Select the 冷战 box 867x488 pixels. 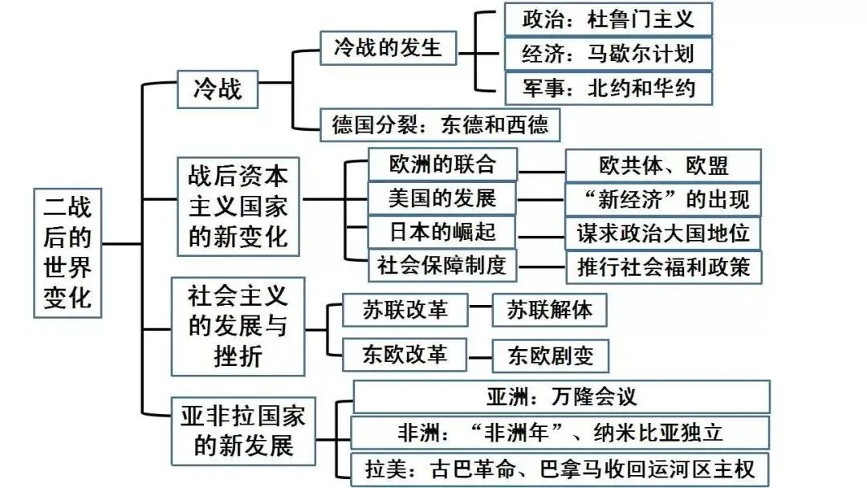pyautogui.click(x=217, y=87)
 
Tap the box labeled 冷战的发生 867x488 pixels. pyautogui.click(x=388, y=48)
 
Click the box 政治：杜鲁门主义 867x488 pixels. pyautogui.click(x=608, y=18)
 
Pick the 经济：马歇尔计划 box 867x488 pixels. pyautogui.click(x=608, y=54)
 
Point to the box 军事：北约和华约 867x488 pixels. pyautogui.click(x=608, y=88)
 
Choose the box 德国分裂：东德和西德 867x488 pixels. pyautogui.click(x=439, y=124)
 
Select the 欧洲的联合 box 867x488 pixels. pyautogui.click(x=442, y=165)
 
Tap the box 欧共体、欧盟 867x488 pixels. pyautogui.click(x=663, y=166)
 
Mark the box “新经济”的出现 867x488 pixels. pyautogui.click(x=663, y=200)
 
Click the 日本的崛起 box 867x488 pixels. pyautogui.click(x=442, y=232)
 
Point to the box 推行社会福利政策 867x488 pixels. pyautogui.click(x=663, y=266)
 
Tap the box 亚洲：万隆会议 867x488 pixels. pyautogui.click(x=561, y=396)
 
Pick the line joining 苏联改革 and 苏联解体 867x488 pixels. pyautogui.click(x=479, y=306)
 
